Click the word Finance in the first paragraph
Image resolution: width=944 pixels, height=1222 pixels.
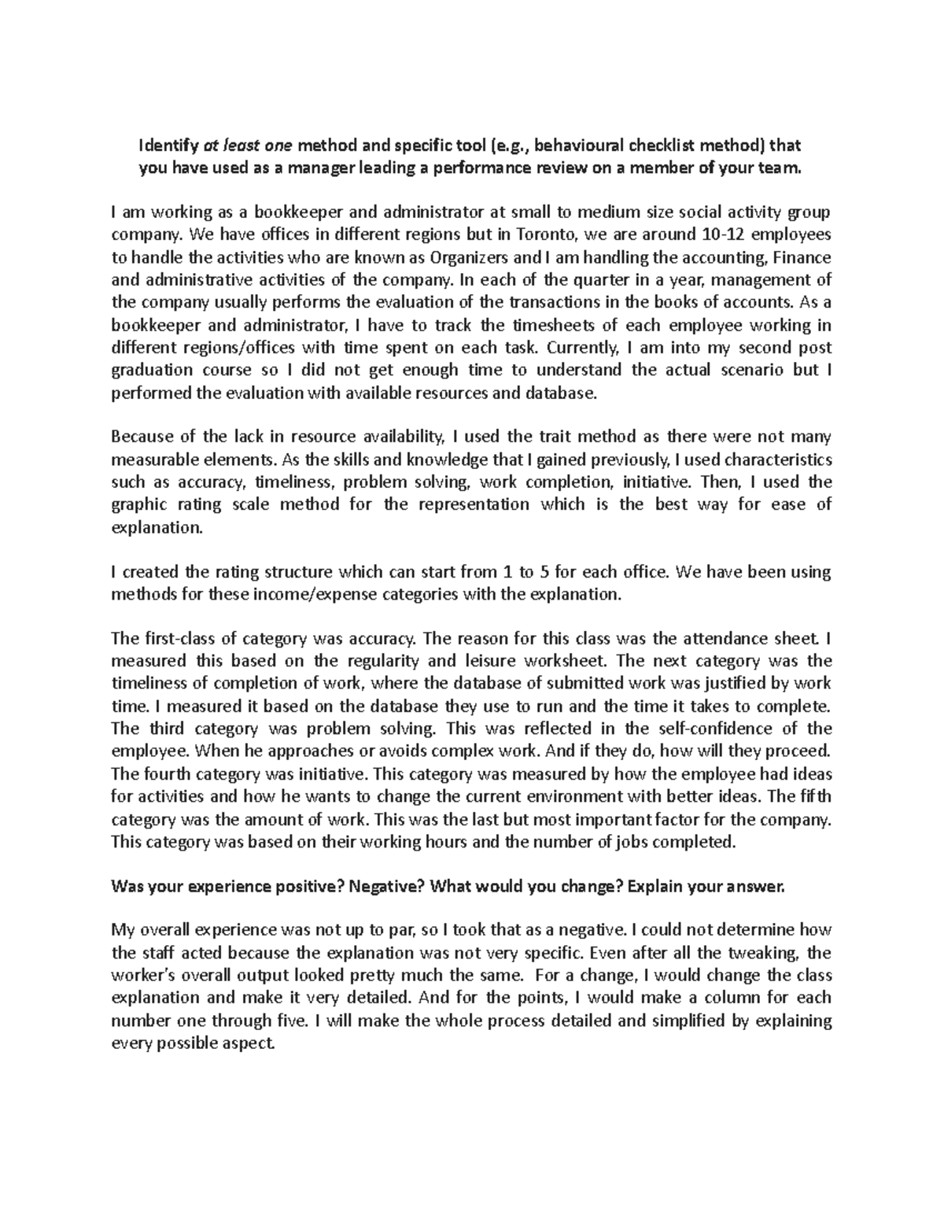tap(802, 257)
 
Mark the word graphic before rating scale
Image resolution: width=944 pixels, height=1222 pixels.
tap(138, 504)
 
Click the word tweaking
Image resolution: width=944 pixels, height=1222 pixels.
tap(762, 953)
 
